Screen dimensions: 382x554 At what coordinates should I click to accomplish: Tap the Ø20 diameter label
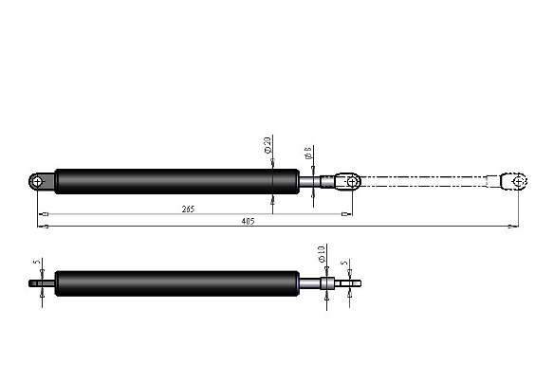[268, 148]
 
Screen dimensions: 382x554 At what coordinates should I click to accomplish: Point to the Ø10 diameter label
[322, 255]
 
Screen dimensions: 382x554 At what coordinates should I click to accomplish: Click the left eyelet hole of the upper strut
[37, 181]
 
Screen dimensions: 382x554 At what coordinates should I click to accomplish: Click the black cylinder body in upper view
[161, 180]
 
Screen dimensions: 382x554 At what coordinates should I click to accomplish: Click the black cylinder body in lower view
[171, 282]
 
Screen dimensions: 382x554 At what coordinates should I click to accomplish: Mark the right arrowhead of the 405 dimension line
[513, 227]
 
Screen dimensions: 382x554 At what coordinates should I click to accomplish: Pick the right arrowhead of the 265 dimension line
[348, 214]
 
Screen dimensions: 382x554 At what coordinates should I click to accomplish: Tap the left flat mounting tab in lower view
[42, 282]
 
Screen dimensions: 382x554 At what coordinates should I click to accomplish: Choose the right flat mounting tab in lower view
[350, 282]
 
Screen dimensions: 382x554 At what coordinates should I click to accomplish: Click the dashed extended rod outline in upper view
[427, 180]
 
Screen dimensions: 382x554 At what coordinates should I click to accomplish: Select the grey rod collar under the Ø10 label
[325, 282]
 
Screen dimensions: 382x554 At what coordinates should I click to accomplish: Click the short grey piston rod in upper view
[308, 180]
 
